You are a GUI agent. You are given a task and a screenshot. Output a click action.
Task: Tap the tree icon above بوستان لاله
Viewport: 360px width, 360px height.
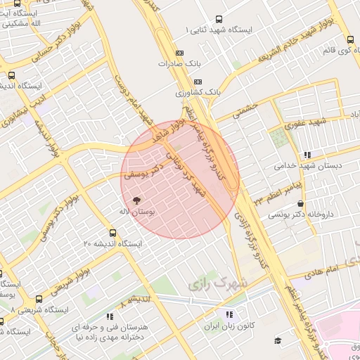(146, 200)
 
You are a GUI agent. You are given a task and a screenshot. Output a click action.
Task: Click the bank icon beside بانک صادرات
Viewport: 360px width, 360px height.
(179, 53)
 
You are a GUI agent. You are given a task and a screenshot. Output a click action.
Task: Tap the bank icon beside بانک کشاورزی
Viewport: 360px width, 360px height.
(179, 92)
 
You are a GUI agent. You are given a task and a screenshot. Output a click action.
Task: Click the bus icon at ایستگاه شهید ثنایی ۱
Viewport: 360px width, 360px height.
(219, 20)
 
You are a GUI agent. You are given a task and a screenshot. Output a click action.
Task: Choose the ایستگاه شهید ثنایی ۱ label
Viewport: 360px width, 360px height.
(228, 31)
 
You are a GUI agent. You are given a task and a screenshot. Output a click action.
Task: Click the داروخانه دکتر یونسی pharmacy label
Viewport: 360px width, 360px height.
(307, 213)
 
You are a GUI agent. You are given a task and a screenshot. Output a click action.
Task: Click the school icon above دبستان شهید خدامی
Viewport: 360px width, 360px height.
(307, 155)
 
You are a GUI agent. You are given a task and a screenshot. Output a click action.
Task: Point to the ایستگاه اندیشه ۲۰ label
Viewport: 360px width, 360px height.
(112, 243)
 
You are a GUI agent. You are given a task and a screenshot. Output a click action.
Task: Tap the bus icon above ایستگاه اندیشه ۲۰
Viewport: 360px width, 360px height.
(112, 233)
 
